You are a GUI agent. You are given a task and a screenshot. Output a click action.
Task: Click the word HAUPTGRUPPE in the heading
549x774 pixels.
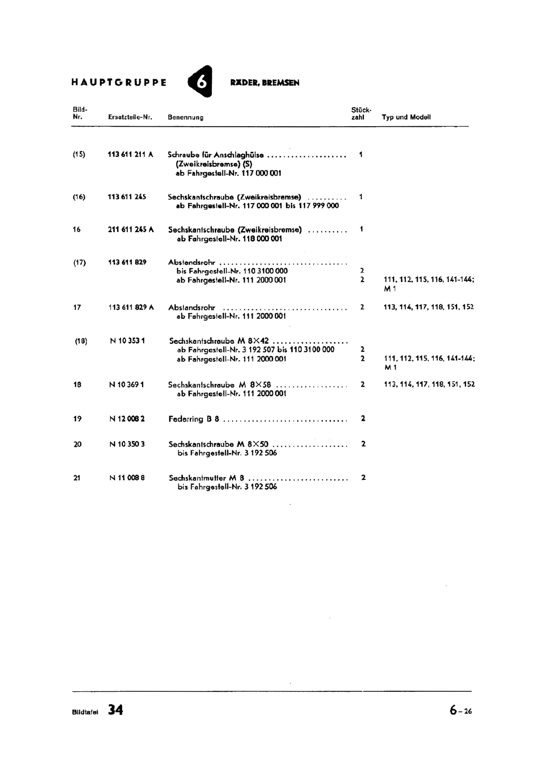click(x=119, y=82)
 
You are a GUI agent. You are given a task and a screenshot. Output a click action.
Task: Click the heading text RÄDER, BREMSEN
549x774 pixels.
click(x=265, y=83)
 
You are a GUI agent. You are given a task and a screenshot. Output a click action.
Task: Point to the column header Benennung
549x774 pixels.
click(x=185, y=117)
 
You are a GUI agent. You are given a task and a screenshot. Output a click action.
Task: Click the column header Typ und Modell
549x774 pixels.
click(x=406, y=117)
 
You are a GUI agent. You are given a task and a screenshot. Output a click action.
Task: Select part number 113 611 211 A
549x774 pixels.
click(x=130, y=155)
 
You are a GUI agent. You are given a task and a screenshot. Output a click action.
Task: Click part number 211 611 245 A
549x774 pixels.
click(x=131, y=230)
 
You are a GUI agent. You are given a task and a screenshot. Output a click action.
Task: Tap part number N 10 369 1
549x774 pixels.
click(x=127, y=385)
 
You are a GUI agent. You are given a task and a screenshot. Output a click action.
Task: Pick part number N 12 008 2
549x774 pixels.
click(x=127, y=419)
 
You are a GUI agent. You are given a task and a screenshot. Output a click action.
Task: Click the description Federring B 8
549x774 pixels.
click(x=193, y=419)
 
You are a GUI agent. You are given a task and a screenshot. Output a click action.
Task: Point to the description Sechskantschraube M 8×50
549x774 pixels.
click(x=218, y=444)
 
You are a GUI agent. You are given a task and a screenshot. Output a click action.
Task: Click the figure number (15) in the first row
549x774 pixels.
click(x=79, y=155)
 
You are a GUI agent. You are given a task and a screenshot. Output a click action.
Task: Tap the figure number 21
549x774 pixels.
click(x=77, y=478)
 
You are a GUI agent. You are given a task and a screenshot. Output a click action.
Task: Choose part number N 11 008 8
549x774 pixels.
click(x=127, y=478)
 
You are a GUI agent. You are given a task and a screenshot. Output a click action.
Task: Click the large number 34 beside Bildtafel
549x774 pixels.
click(x=116, y=710)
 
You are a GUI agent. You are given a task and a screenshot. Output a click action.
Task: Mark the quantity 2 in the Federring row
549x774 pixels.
click(x=363, y=418)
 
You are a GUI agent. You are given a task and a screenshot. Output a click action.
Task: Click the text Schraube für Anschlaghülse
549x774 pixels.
click(x=216, y=155)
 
